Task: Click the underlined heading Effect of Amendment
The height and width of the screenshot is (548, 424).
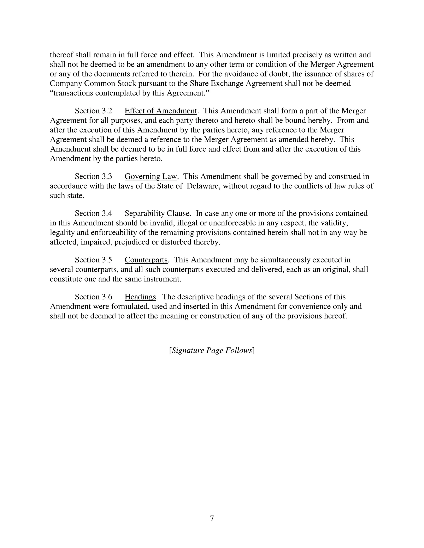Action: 161,111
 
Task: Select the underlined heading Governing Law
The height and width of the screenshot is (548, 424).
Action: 151,177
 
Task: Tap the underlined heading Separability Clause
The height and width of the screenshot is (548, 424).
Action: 157,214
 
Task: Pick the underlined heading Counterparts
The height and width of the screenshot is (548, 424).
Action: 146,260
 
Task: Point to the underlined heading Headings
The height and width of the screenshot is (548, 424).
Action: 140,297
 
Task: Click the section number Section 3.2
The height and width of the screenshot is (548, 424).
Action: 93,111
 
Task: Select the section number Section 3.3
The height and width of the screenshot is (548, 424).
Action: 93,177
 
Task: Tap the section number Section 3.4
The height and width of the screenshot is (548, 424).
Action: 93,214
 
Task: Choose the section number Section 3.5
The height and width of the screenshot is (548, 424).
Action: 93,260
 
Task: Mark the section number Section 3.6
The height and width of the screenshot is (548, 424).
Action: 93,297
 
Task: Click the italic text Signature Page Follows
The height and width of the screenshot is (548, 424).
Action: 212,350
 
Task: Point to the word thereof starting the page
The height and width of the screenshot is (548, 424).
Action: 61,55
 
